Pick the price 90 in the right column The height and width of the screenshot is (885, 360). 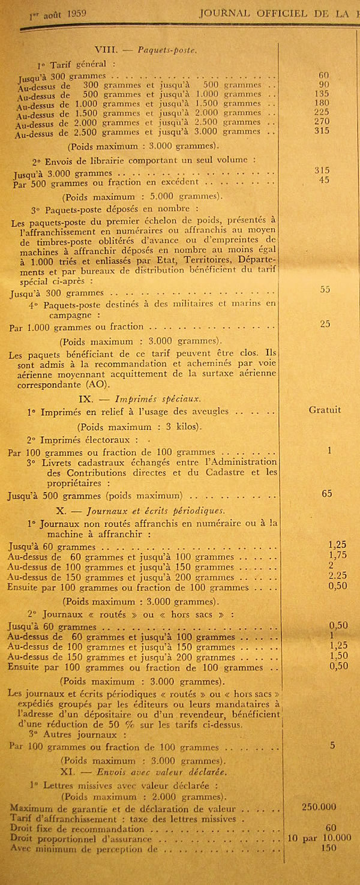[x=324, y=85]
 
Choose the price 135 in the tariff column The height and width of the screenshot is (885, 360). [x=324, y=94]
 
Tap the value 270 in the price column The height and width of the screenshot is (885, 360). [x=324, y=122]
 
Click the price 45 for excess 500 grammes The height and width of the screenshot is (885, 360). [x=324, y=180]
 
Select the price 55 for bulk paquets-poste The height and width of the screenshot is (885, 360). [x=325, y=289]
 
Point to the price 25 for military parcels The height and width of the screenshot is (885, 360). [x=325, y=324]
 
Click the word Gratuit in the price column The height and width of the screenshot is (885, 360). [x=325, y=410]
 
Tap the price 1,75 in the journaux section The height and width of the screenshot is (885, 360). [x=338, y=556]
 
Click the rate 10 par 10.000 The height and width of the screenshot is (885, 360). [x=320, y=836]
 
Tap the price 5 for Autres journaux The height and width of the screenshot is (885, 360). [x=332, y=745]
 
